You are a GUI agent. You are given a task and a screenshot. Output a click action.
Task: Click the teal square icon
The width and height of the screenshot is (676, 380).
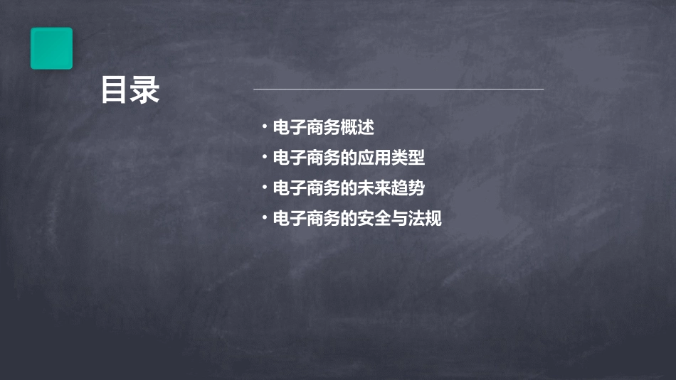click(51, 48)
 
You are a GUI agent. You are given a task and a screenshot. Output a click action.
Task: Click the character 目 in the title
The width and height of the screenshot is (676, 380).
click(114, 91)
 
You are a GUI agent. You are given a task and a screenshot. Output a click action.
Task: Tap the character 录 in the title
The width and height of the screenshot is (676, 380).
click(145, 91)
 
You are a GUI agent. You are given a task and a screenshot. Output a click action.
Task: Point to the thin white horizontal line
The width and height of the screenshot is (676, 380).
click(398, 89)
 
